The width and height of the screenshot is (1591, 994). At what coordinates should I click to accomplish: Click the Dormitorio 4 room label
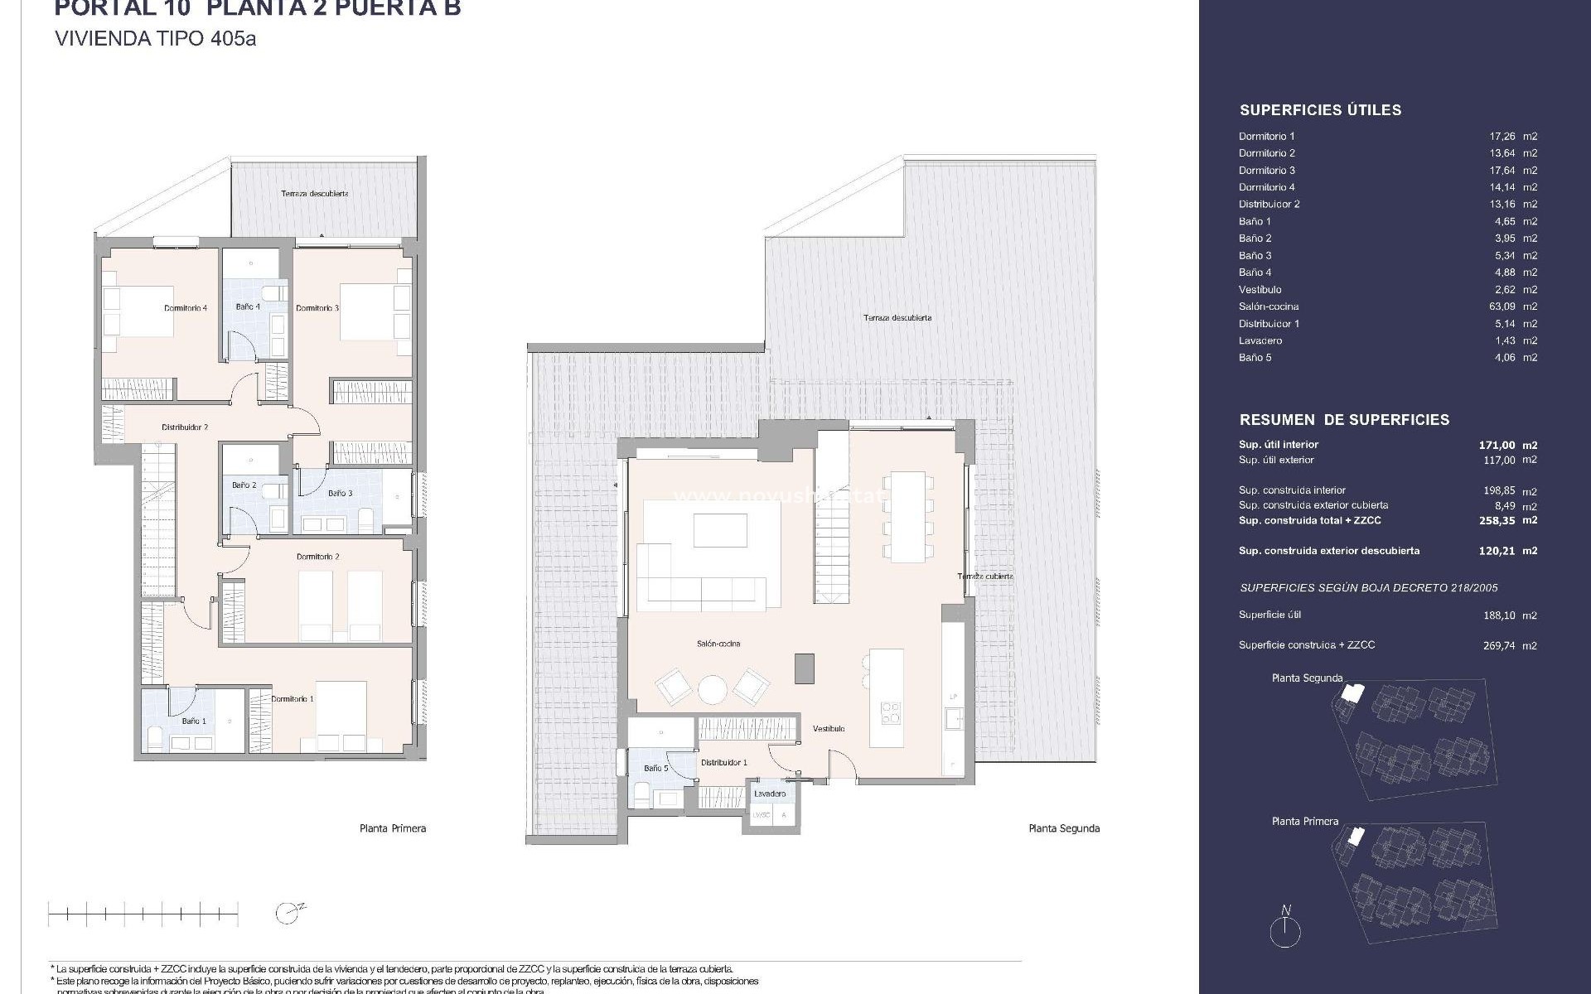186,308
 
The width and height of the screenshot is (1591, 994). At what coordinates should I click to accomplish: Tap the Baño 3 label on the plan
340,494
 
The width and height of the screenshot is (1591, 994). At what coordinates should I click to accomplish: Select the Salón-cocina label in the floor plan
718,644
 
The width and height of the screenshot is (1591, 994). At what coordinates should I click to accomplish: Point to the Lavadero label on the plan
769,794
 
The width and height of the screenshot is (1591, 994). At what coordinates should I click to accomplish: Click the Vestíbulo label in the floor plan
828,729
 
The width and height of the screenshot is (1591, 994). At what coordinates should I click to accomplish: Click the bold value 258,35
1502,520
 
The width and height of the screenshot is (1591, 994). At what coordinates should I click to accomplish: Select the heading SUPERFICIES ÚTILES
1320,110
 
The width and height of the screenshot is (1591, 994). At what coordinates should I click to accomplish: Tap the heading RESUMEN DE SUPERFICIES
1344,420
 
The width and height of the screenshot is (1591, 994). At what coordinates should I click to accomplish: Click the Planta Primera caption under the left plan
393,828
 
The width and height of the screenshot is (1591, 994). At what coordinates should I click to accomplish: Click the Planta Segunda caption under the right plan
1064,828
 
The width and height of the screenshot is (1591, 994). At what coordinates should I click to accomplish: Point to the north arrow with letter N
1285,928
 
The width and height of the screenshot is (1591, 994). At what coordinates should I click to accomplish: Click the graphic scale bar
143,914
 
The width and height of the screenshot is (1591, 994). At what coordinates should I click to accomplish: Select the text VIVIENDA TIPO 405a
155,39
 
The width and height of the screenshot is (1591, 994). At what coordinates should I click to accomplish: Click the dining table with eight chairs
908,517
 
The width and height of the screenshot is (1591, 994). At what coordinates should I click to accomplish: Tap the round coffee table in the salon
712,689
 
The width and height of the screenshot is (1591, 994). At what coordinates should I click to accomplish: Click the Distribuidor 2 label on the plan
184,427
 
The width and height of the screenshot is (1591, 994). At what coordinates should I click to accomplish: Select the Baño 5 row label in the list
1255,358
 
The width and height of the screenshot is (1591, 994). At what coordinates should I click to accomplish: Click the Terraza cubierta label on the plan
984,577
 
